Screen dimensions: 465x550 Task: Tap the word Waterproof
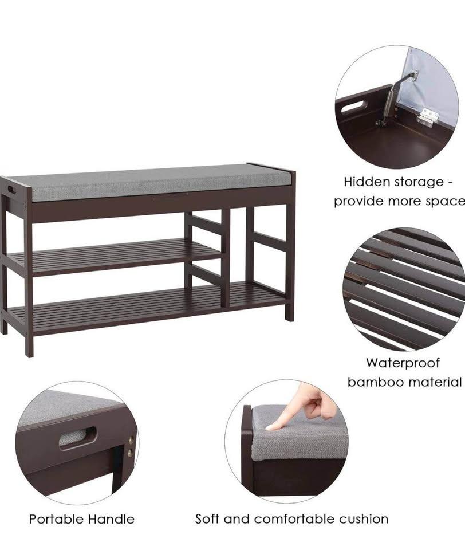pos(403,363)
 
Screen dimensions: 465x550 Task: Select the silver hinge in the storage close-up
pos(427,116)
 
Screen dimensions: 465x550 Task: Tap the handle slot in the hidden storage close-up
pos(354,107)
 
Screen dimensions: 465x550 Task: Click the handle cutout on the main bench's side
pos(11,190)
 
